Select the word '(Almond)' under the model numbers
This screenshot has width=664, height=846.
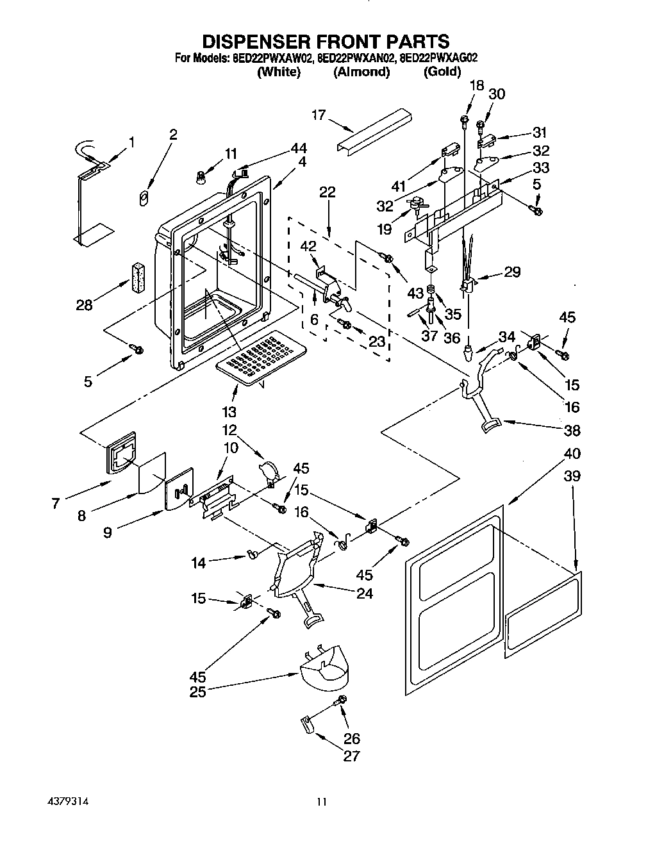(x=361, y=72)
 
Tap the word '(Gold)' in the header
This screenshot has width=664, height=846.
(x=442, y=72)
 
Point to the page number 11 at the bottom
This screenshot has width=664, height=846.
(x=322, y=802)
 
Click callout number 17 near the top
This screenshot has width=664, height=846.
(x=319, y=115)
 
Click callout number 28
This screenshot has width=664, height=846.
(x=84, y=304)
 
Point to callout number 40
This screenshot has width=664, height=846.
(x=572, y=454)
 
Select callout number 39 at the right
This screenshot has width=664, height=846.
(x=572, y=476)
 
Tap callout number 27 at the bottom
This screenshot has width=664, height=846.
(x=351, y=756)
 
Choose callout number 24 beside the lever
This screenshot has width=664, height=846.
(x=364, y=593)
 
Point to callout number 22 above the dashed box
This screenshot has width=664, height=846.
(x=328, y=192)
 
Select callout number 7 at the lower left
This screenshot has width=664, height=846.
(x=56, y=504)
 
